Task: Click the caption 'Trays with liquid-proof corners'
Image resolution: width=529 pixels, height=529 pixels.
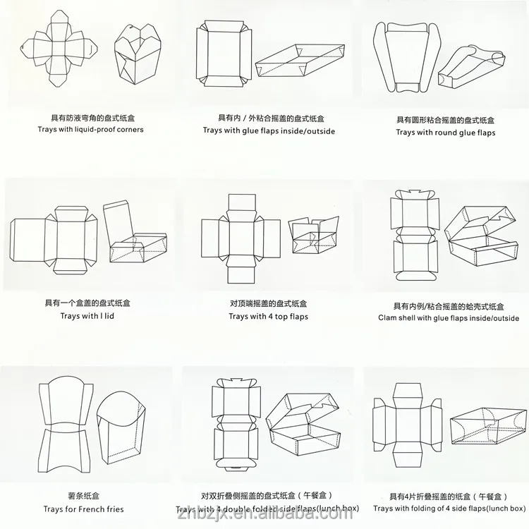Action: [91, 130]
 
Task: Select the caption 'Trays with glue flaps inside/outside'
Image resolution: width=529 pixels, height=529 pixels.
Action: [269, 130]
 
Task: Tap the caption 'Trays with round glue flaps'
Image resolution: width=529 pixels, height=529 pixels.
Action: [445, 133]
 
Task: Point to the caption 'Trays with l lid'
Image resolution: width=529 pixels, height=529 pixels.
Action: [87, 316]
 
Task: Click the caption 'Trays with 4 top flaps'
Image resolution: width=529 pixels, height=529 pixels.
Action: [268, 317]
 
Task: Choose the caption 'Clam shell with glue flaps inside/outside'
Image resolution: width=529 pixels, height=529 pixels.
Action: [448, 318]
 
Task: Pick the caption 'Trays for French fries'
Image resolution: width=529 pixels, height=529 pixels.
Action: [84, 509]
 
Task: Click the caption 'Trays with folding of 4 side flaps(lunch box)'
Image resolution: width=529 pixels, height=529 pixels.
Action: [449, 509]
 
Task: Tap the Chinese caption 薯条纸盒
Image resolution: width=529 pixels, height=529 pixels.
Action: [83, 496]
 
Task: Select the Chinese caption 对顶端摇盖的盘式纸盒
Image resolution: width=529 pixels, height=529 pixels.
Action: [268, 303]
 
